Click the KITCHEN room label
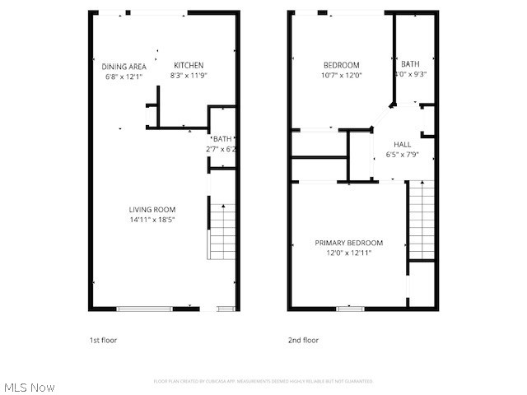tap(188, 66)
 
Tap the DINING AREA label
tap(124, 66)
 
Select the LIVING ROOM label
tap(152, 210)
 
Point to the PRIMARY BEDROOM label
tap(349, 243)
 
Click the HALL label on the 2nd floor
tap(403, 145)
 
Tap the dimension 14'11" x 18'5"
tap(152, 220)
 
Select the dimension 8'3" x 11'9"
tap(188, 76)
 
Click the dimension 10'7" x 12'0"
tap(341, 75)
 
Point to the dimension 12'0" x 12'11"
tap(349, 253)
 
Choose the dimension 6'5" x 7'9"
tap(403, 155)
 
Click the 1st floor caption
tap(104, 340)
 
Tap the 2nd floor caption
tap(303, 340)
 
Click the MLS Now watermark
tap(30, 387)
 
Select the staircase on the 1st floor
tap(222, 231)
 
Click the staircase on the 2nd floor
tap(421, 220)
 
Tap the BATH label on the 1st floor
tap(222, 139)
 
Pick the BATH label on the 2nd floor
tap(410, 64)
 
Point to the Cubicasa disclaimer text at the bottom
tap(263, 381)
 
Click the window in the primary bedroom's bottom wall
tap(350, 309)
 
